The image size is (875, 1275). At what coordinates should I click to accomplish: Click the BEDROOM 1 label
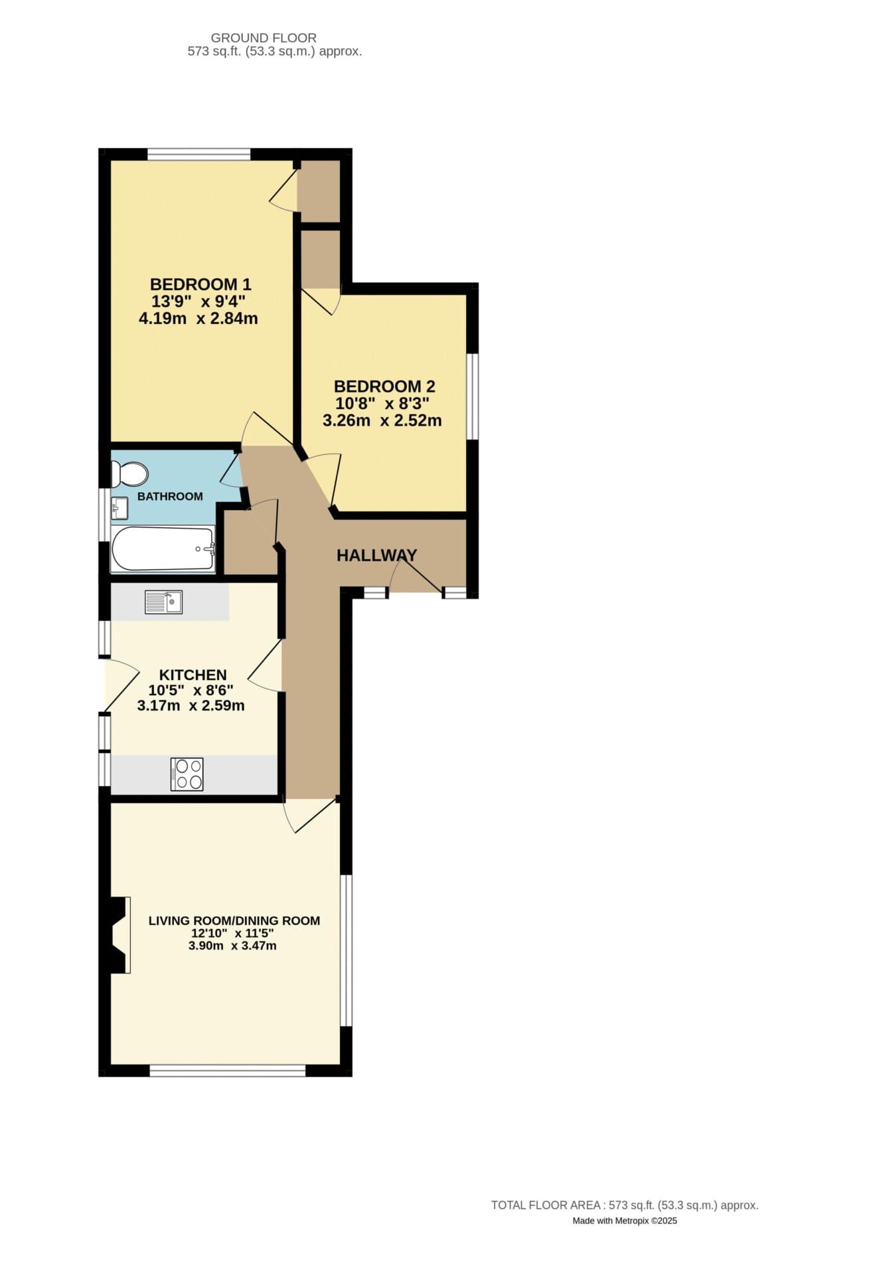tap(200, 285)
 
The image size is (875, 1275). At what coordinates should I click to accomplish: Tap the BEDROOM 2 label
tap(384, 386)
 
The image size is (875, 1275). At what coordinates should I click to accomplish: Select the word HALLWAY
tap(376, 556)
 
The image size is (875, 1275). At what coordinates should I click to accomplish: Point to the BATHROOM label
tap(170, 497)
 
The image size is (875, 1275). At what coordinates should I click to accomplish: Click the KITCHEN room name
tap(193, 675)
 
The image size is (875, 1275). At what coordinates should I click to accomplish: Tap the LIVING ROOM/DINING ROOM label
tap(234, 921)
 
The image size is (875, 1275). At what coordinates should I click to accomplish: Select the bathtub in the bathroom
tap(163, 549)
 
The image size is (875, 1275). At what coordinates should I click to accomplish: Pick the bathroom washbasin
tap(120, 509)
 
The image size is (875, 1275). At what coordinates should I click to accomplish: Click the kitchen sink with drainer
tap(163, 602)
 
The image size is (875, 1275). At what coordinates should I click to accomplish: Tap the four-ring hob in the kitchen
tap(187, 774)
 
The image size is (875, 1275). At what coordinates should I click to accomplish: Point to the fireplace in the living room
tap(119, 935)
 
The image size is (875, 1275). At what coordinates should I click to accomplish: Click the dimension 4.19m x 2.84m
tap(198, 319)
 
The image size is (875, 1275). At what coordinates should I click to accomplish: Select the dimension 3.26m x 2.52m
tap(382, 421)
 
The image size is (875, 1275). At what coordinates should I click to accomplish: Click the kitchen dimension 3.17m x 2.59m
tap(191, 706)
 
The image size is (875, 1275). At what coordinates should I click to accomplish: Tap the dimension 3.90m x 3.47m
tap(232, 946)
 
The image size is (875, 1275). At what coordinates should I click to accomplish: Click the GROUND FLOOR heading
tap(264, 38)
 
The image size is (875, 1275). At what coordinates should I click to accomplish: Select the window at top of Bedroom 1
tap(199, 155)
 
